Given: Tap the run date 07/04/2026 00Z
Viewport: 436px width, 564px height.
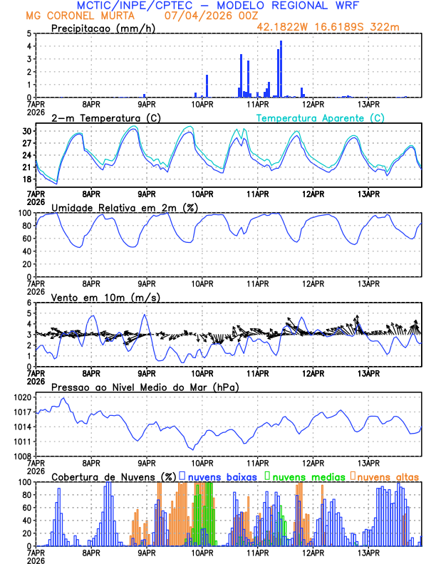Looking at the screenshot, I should pos(202,16).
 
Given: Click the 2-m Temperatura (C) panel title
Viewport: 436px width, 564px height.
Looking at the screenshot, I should pos(105,117).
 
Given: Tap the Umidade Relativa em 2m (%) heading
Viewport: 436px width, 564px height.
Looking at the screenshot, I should pos(118,207).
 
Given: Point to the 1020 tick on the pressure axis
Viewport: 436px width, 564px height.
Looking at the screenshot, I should pos(25,397).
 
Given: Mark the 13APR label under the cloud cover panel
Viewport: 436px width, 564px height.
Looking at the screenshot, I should pos(368,553).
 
